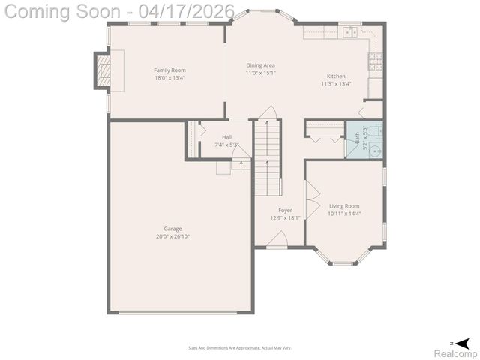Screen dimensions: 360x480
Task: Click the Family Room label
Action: click(169, 70)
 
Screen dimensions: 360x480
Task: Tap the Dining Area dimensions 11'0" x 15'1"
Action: click(260, 73)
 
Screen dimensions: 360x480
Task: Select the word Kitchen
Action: click(336, 76)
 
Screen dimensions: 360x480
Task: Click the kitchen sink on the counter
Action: click(349, 32)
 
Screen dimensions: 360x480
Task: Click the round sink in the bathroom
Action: click(376, 150)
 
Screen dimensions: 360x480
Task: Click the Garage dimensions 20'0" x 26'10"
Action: click(172, 236)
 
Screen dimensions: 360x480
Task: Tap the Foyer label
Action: click(285, 210)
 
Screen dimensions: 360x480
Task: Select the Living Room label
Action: click(344, 205)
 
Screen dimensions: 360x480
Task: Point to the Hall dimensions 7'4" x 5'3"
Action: click(226, 145)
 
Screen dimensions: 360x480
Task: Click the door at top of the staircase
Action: click(268, 113)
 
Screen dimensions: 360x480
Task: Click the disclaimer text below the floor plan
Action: click(239, 347)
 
